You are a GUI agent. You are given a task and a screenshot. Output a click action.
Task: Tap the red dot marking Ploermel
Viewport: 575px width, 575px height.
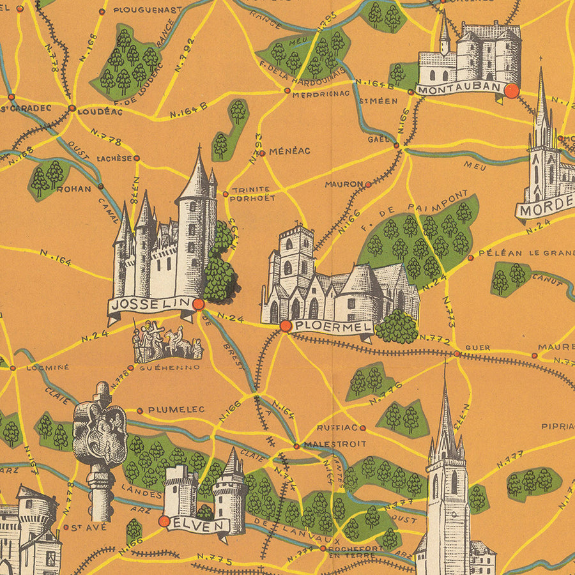coord(286,326)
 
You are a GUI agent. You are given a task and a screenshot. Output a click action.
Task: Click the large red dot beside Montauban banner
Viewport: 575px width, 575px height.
coord(511,91)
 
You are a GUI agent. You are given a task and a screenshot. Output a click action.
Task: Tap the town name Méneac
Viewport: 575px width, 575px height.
coord(289,151)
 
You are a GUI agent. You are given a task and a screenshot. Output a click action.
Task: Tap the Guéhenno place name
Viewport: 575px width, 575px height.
coord(169,367)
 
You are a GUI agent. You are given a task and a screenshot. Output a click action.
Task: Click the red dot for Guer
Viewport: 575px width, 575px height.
coord(457,353)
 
